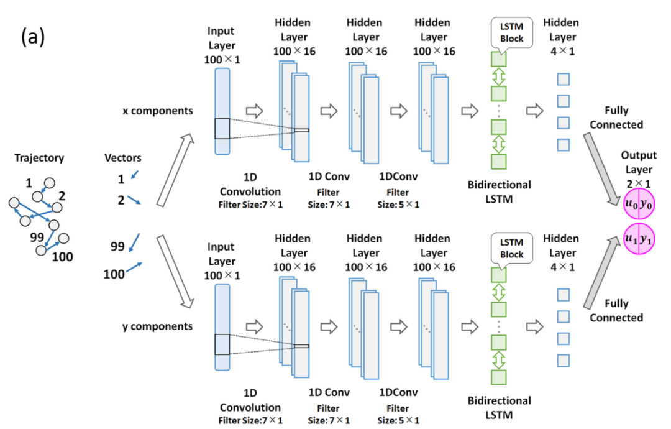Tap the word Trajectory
tap(39, 159)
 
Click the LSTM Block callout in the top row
tap(507, 32)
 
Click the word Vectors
tap(123, 159)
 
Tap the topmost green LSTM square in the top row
tap(500, 60)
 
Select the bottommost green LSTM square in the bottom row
tap(500, 377)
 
